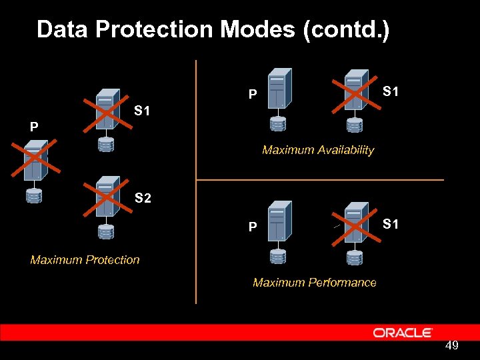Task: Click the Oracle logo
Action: point(403,332)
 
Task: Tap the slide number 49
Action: point(451,345)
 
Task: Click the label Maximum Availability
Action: point(318,150)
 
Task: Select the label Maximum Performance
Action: point(314,283)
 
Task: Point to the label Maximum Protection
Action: point(85,260)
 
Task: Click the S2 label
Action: point(143,198)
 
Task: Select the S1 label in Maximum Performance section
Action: point(391,225)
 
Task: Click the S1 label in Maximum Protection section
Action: point(141,111)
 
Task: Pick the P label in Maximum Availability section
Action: point(252,95)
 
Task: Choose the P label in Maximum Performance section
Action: point(252,227)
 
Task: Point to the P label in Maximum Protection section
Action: point(33,127)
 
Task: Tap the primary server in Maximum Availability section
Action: point(278,88)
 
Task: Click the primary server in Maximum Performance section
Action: point(278,221)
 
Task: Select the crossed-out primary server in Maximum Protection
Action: point(35,160)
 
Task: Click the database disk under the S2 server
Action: point(105,231)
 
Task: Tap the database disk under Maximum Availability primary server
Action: point(277,124)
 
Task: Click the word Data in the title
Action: point(62,29)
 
